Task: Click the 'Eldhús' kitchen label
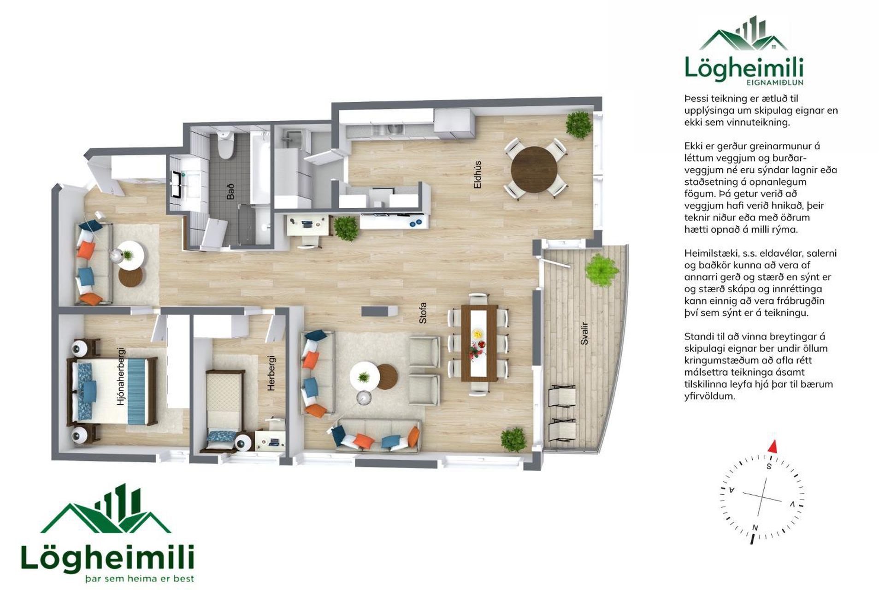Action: pyautogui.click(x=478, y=174)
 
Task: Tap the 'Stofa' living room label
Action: pyautogui.click(x=423, y=313)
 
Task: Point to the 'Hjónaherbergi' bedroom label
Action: pyautogui.click(x=121, y=376)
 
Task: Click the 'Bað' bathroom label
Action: pyautogui.click(x=230, y=191)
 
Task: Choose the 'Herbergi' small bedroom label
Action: pyautogui.click(x=271, y=373)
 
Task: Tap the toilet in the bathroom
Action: pyautogui.click(x=225, y=144)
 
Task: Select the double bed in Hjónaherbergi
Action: pyautogui.click(x=113, y=391)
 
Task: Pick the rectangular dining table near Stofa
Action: pyautogui.click(x=479, y=343)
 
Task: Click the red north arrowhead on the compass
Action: pyautogui.click(x=773, y=446)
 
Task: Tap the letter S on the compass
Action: pyautogui.click(x=769, y=466)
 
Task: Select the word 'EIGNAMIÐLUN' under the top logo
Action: pyautogui.click(x=774, y=83)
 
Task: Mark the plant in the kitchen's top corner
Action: pyautogui.click(x=578, y=124)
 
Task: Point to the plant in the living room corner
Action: pyautogui.click(x=513, y=439)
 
